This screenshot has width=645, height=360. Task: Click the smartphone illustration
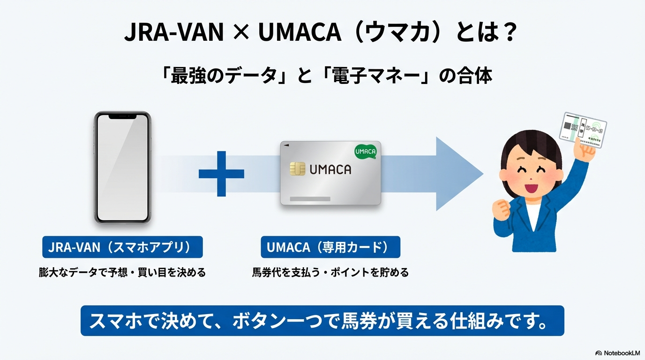pyautogui.click(x=122, y=167)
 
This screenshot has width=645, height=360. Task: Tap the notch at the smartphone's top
pyautogui.click(x=122, y=116)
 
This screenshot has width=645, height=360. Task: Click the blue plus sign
pyautogui.click(x=221, y=174)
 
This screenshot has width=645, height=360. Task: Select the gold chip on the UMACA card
pyautogui.click(x=297, y=169)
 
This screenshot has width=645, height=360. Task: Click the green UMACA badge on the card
pyautogui.click(x=366, y=151)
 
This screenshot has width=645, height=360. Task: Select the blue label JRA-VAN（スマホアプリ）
pyautogui.click(x=122, y=247)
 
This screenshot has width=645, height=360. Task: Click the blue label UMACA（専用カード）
pyautogui.click(x=330, y=247)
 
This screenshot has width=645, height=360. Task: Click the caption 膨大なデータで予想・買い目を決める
pyautogui.click(x=122, y=272)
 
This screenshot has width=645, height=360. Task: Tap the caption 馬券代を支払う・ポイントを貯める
pyautogui.click(x=330, y=272)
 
